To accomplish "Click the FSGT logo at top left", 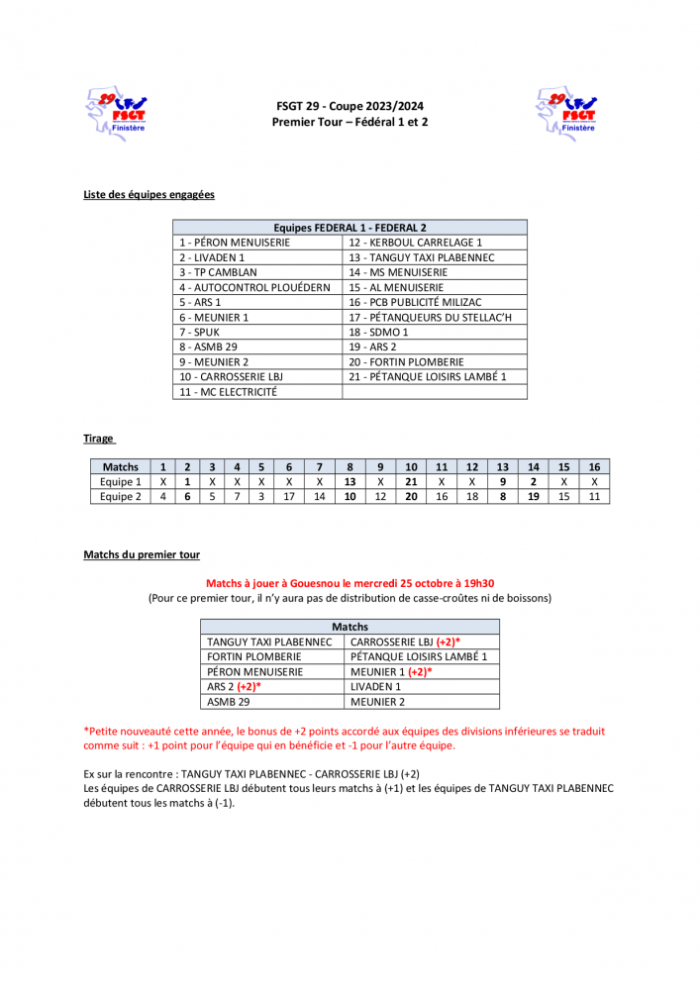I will click(x=117, y=113).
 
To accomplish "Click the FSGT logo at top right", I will click(x=565, y=113).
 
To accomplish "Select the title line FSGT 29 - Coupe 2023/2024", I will click(x=350, y=106).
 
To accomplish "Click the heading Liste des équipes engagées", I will click(x=149, y=194).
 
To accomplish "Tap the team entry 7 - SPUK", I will click(x=200, y=332).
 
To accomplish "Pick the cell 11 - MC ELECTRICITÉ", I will click(x=228, y=391).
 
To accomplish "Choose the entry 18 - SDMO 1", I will click(x=378, y=332).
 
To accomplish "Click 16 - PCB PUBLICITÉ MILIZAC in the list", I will click(x=415, y=302).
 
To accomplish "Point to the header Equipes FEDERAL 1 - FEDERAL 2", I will click(x=350, y=227).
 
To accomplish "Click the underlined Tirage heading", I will click(x=99, y=438).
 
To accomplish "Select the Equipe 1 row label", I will click(x=121, y=481).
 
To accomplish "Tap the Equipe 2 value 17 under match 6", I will click(x=288, y=496).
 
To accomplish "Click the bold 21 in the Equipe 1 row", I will click(x=411, y=481).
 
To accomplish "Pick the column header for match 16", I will click(x=594, y=466).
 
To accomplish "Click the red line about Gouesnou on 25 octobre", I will click(x=350, y=583).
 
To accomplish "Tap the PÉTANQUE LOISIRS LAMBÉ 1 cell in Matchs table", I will click(x=419, y=656).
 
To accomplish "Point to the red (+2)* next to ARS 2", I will click(x=249, y=686).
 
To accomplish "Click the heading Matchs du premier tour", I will click(x=142, y=555).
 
